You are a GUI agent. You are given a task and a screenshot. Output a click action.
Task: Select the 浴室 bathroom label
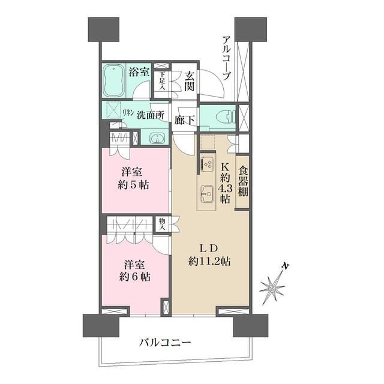tap(139, 73)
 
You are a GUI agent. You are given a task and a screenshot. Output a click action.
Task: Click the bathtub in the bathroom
tap(114, 82)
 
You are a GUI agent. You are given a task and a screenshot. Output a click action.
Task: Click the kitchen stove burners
tap(208, 164)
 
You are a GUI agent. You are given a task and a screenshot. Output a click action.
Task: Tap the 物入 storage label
tap(161, 224)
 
